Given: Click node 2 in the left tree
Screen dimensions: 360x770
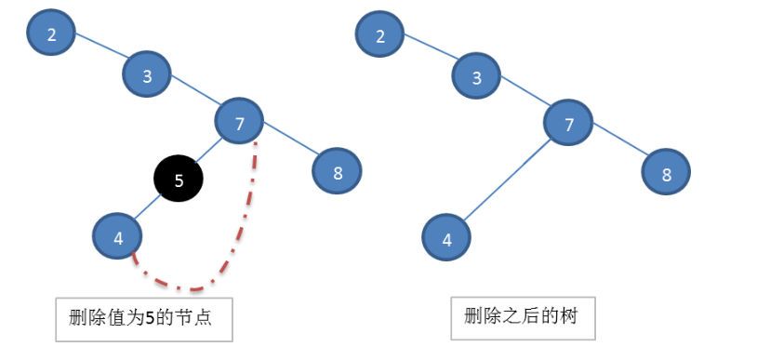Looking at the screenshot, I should [x=52, y=34].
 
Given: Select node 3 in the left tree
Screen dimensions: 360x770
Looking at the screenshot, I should [x=148, y=76].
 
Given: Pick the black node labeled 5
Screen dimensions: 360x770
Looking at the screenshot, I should [x=179, y=180].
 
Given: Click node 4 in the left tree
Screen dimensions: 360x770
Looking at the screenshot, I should [x=118, y=237].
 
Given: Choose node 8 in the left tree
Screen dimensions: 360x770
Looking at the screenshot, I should [x=336, y=170].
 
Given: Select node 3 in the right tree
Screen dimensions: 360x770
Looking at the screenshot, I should [x=477, y=77].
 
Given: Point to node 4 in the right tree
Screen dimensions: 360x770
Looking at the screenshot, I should [x=447, y=238].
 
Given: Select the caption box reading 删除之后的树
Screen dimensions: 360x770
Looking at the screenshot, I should [x=522, y=316].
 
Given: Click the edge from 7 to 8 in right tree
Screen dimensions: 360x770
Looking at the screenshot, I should [x=618, y=149].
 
